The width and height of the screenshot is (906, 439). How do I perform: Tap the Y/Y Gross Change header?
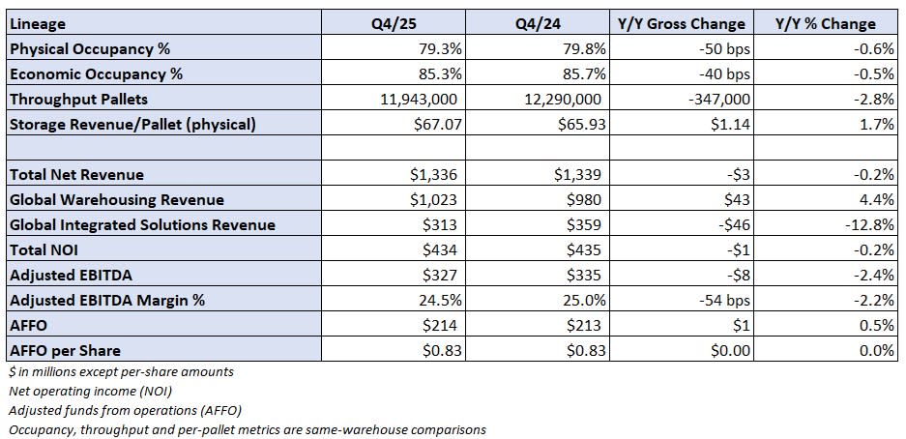(x=681, y=23)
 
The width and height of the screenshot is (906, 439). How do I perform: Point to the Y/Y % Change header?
(x=826, y=23)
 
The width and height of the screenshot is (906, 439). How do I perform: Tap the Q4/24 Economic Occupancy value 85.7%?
(x=581, y=73)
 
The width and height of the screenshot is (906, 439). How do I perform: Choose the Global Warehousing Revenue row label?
(x=116, y=200)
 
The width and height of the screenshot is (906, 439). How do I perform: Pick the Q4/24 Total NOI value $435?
(x=586, y=250)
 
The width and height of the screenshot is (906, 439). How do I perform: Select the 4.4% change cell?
(x=877, y=200)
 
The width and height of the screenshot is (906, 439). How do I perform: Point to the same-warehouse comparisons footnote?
(x=247, y=429)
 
